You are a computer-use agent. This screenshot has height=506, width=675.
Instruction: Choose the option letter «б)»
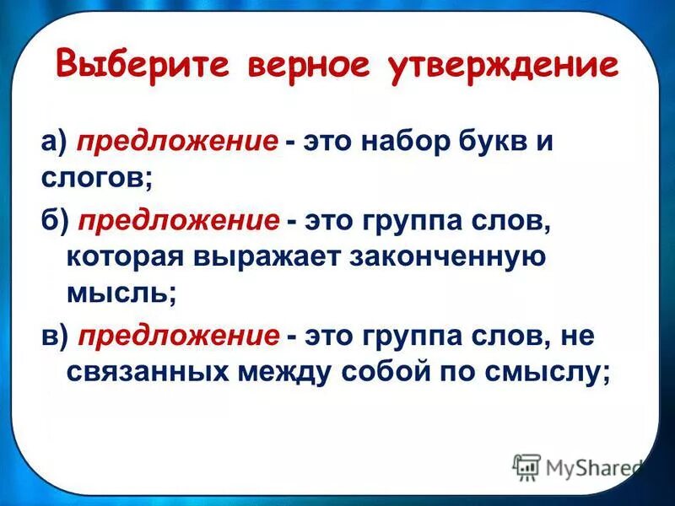tap(55, 222)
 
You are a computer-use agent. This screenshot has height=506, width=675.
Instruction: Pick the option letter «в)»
tap(55, 336)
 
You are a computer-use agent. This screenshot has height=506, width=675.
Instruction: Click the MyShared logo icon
tap(526, 467)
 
